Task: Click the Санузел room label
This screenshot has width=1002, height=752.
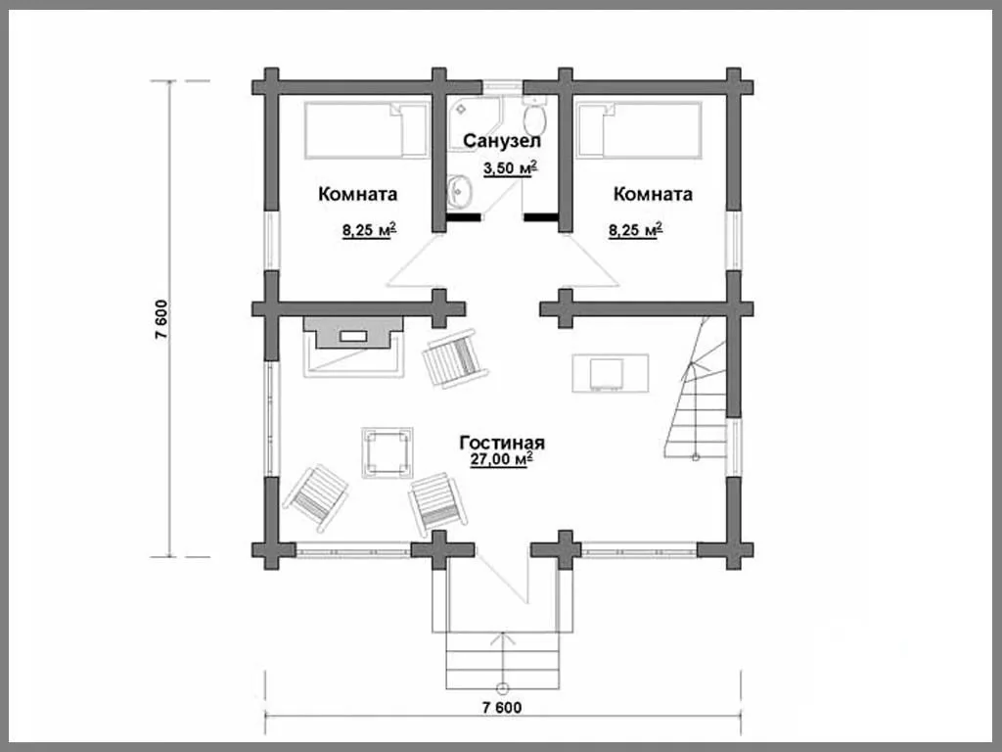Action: pos(502,141)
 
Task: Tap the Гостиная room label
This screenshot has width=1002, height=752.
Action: pos(502,443)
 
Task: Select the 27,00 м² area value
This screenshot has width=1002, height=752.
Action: pos(502,460)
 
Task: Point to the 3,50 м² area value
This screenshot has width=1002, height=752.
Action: pos(509,168)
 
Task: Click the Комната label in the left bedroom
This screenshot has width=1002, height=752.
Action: pos(358,194)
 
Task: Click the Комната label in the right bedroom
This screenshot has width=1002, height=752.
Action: pos(653,194)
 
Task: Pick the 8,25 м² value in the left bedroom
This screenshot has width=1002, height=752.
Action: pos(369,230)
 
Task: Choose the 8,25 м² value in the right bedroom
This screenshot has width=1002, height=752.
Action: pos(635,230)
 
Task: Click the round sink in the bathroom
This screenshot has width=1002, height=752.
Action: pos(459,191)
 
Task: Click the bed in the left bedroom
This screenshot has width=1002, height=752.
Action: pos(366,130)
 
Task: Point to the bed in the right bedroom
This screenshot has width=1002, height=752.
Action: pos(638,130)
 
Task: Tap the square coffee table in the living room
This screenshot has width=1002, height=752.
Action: pos(387,452)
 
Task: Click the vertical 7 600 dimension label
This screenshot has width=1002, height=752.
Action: pos(160,319)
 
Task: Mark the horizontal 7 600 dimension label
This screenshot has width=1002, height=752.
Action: pos(502,707)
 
